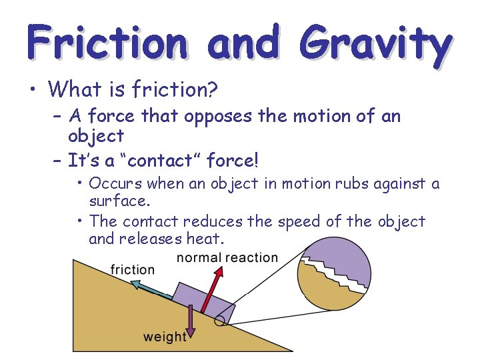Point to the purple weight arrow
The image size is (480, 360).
[190, 319]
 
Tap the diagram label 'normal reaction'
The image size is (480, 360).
[227, 257]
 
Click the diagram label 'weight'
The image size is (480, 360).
[165, 337]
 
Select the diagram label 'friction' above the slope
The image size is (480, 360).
[132, 269]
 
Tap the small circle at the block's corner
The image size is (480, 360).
[219, 322]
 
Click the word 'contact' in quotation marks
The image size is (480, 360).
[149, 161]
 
